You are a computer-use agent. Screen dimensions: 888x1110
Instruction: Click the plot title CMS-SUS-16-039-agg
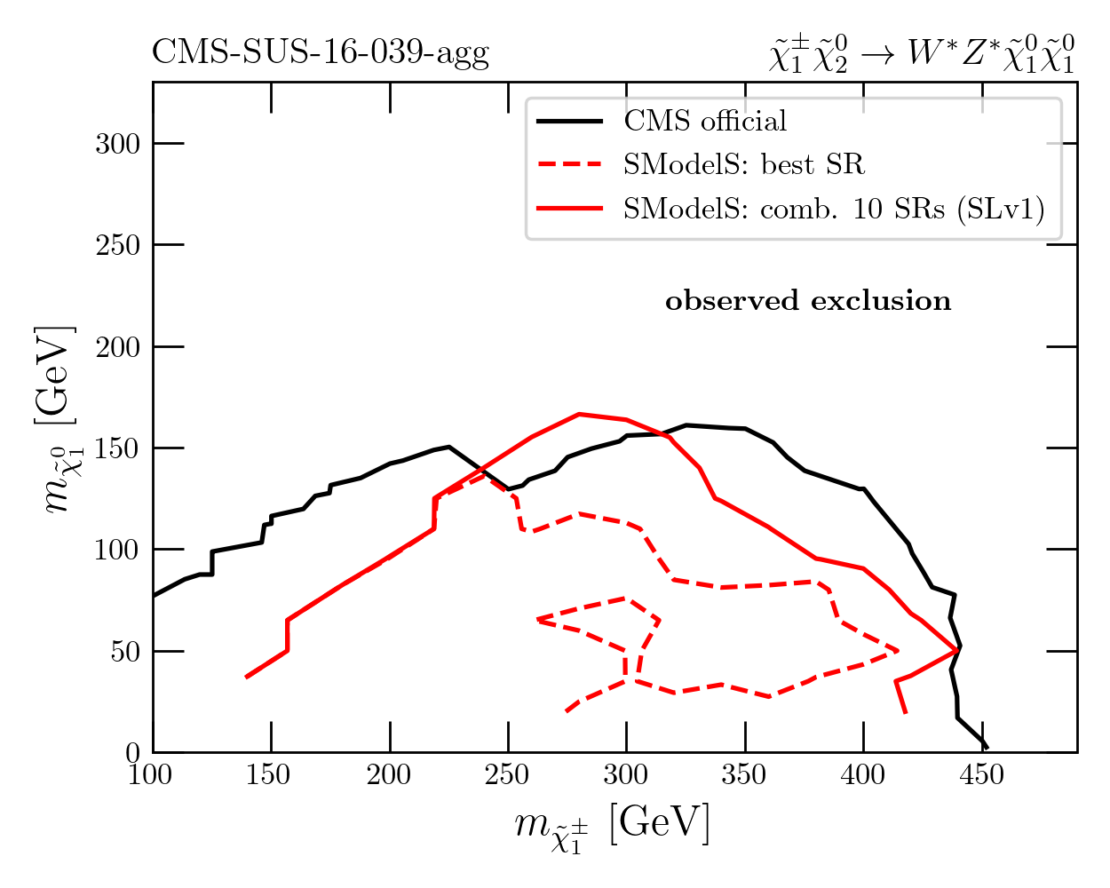pyautogui.click(x=321, y=54)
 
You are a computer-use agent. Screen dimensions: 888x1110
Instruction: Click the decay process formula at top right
pyautogui.click(x=922, y=53)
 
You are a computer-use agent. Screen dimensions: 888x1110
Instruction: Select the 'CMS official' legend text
pyautogui.click(x=705, y=121)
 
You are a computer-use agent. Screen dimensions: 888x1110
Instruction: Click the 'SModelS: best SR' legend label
pyautogui.click(x=743, y=164)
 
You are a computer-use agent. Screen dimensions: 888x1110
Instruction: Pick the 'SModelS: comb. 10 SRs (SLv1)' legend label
pyautogui.click(x=834, y=209)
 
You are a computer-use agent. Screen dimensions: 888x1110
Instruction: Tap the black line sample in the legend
pyautogui.click(x=569, y=121)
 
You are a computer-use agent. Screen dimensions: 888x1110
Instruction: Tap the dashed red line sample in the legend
pyautogui.click(x=569, y=164)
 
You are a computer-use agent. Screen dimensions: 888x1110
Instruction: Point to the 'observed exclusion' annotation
pyautogui.click(x=808, y=301)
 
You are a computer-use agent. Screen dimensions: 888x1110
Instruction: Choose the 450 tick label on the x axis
pyautogui.click(x=981, y=775)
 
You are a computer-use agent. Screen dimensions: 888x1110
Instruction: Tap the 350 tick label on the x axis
pyautogui.click(x=744, y=775)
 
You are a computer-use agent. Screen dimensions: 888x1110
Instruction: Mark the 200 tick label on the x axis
pyautogui.click(x=390, y=775)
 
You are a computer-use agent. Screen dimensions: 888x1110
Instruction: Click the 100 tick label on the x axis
pyautogui.click(x=153, y=775)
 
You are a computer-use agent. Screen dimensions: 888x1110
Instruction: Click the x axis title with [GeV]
pyautogui.click(x=613, y=825)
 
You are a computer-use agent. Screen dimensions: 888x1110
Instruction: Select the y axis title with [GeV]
pyautogui.click(x=56, y=419)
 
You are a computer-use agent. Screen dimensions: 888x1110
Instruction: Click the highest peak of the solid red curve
pyautogui.click(x=579, y=414)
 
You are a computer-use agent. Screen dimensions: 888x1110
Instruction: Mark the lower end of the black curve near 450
pyautogui.click(x=986, y=748)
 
